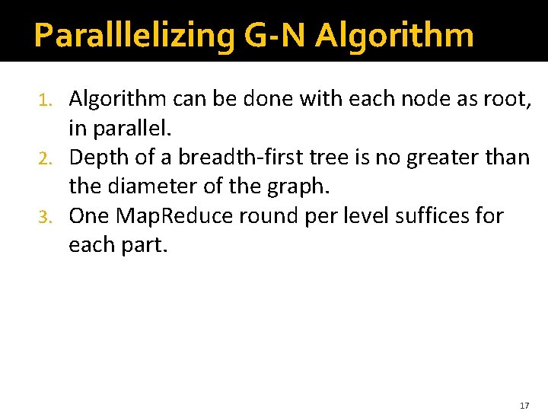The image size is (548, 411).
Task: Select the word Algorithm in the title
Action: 394,35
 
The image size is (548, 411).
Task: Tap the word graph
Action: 292,186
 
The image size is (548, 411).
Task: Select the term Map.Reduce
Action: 175,215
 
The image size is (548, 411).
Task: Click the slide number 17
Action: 524,406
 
